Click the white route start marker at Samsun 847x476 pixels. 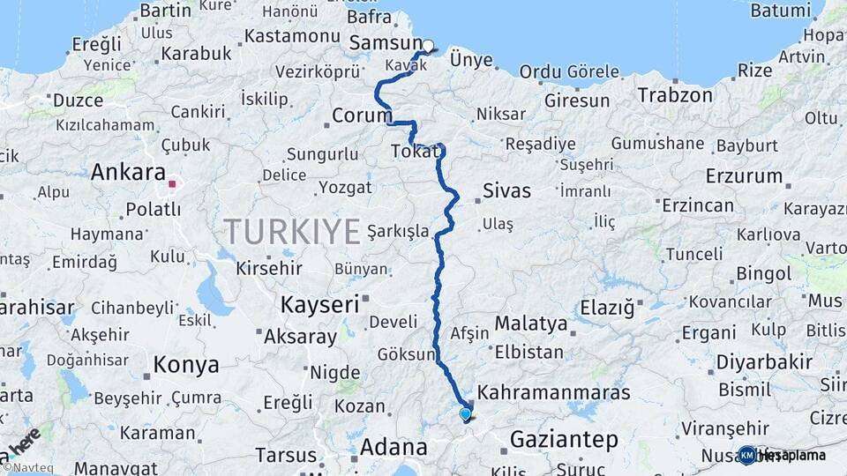(x=428, y=46)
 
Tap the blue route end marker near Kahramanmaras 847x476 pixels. (x=465, y=413)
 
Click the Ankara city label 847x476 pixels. (x=128, y=172)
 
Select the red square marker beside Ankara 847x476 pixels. (x=173, y=184)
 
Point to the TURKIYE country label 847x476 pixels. (x=292, y=232)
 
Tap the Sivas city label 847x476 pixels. (x=506, y=190)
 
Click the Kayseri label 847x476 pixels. (x=319, y=305)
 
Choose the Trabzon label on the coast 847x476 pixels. (x=675, y=94)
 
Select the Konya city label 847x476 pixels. (x=186, y=364)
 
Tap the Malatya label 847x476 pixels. (x=530, y=324)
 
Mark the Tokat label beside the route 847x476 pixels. (x=414, y=152)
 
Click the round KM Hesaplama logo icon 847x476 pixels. (x=747, y=455)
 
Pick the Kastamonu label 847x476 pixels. (x=292, y=36)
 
